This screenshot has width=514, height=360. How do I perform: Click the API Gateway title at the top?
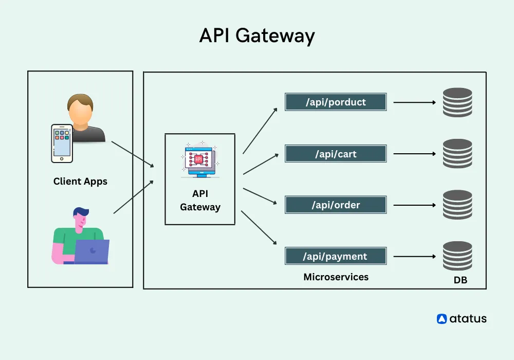[256, 36]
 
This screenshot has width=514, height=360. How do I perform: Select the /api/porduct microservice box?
[336, 102]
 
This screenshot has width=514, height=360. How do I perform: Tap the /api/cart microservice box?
[336, 154]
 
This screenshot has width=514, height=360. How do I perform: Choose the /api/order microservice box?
[336, 205]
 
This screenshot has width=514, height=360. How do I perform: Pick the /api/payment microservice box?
[336, 256]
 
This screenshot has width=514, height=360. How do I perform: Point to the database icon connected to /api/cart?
[457, 154]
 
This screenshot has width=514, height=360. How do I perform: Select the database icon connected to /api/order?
[457, 205]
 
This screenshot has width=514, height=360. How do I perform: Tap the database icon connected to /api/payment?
[457, 256]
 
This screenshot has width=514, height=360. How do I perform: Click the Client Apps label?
[80, 182]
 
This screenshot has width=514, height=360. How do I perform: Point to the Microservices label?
[336, 277]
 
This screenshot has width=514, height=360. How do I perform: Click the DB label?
[460, 281]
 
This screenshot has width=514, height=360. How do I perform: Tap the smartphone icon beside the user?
[61, 142]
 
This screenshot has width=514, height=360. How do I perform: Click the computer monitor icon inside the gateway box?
[200, 159]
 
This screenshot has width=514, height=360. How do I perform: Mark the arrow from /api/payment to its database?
[414, 256]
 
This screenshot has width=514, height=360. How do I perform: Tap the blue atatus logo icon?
[442, 319]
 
